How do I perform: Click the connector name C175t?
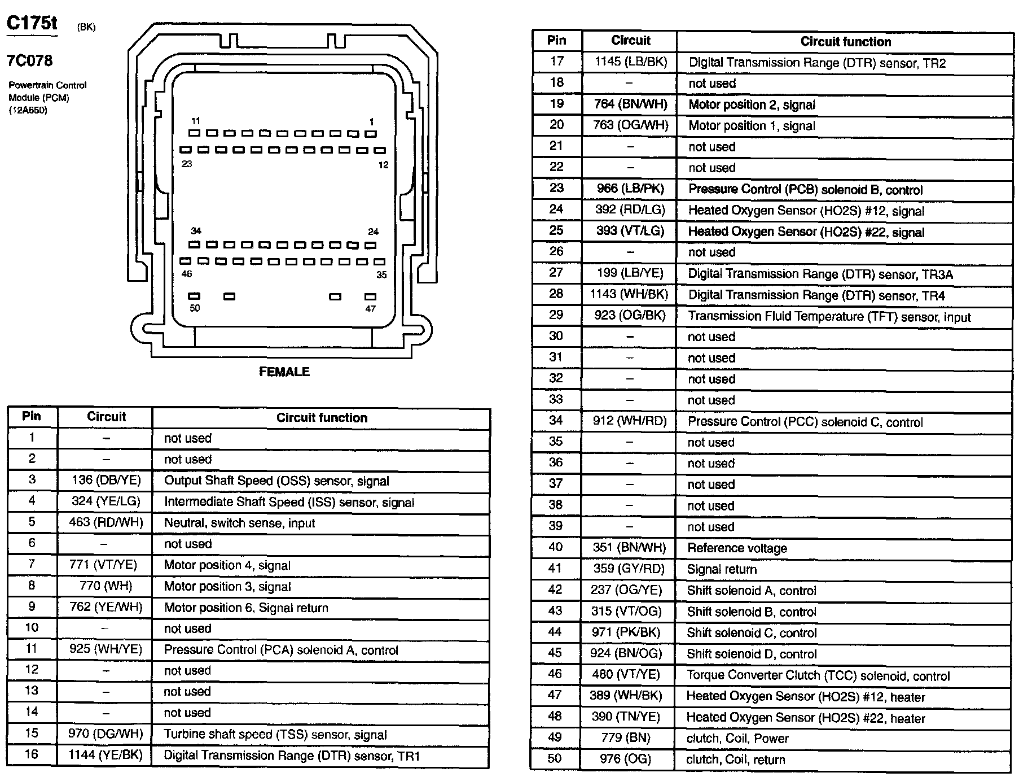32,24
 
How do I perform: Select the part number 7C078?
29,60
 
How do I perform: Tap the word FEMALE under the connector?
284,372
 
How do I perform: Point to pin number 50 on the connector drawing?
195,308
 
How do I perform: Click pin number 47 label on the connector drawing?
370,309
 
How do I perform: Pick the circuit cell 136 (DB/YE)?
106,480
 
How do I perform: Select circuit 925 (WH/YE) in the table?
106,649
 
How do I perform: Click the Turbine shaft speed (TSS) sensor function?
275,735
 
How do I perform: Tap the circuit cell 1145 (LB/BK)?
630,62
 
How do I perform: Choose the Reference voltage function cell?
737,548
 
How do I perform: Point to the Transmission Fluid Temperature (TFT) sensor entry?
829,316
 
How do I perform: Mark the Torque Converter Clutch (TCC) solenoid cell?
818,675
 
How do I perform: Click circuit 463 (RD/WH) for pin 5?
106,522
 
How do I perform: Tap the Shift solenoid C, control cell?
752,632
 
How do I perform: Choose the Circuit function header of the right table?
845,41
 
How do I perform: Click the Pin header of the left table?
32,416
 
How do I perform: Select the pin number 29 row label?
556,315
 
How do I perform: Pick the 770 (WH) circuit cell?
106,586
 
